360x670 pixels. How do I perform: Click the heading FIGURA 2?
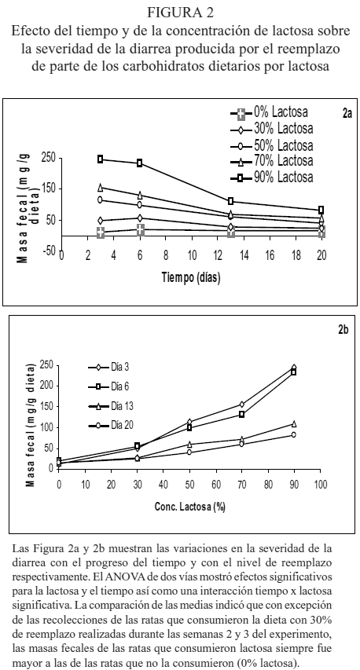click(180, 13)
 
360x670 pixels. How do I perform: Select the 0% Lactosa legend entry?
click(270, 113)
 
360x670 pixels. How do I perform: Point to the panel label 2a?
click(347, 113)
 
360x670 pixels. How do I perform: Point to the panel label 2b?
click(343, 329)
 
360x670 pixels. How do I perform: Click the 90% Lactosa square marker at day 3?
click(101, 159)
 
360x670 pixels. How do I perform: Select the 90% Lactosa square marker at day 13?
click(231, 201)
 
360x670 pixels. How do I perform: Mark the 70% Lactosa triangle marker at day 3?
click(101, 187)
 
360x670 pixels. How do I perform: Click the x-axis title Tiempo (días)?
click(191, 277)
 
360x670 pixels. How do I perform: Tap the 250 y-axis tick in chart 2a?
click(49, 157)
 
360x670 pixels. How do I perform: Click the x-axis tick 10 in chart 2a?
click(192, 255)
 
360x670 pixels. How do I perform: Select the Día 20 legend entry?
click(110, 425)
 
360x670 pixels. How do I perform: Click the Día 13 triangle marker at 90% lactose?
click(294, 424)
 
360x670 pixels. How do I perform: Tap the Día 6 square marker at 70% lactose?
click(241, 414)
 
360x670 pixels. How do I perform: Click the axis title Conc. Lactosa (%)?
click(190, 507)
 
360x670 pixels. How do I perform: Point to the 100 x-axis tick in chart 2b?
click(320, 484)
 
